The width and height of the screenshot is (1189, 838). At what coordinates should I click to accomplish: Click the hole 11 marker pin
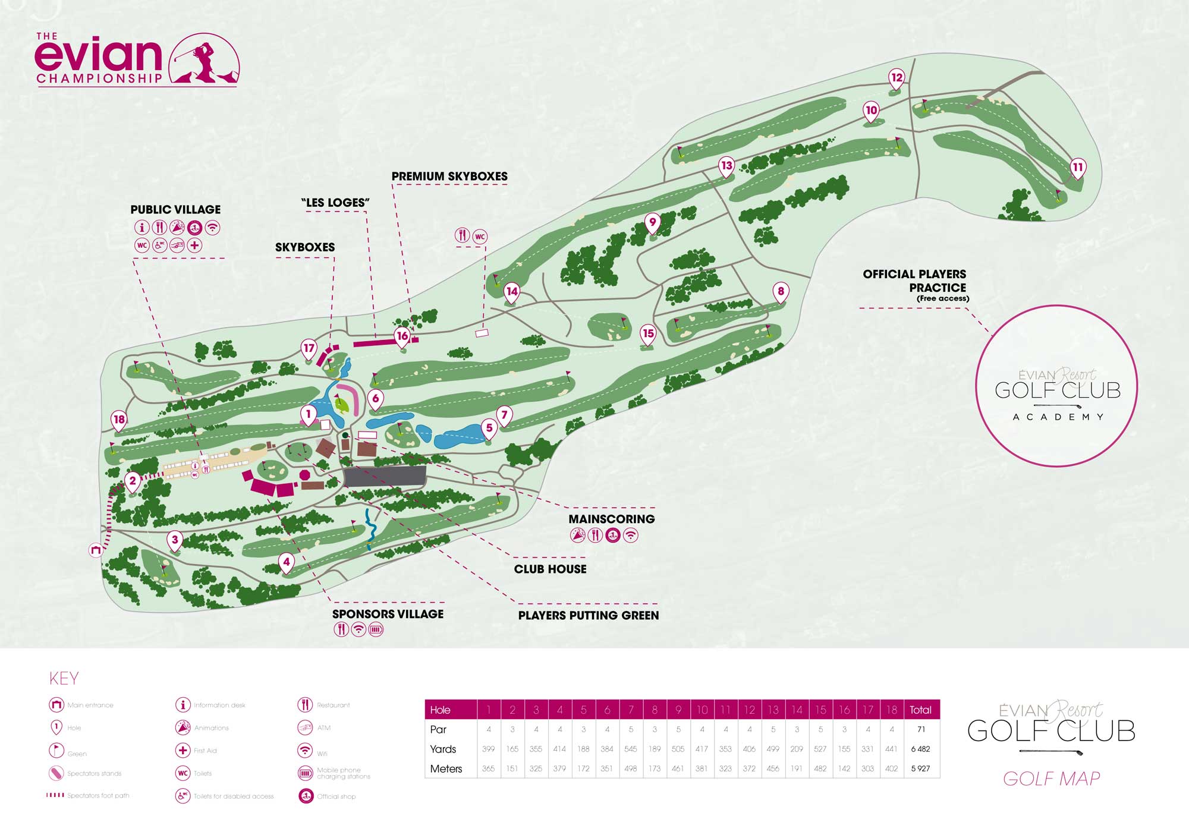[x=1078, y=168]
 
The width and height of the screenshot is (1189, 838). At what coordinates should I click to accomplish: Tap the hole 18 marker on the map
[x=119, y=420]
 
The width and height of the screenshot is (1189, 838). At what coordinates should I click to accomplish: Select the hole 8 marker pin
[x=781, y=292]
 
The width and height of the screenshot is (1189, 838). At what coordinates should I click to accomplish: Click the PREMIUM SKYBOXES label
[x=449, y=177]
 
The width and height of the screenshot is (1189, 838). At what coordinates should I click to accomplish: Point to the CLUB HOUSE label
[x=550, y=569]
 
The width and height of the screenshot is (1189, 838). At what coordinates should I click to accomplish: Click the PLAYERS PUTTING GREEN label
[x=588, y=616]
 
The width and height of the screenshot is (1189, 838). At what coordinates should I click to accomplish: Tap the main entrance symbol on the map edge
[x=96, y=550]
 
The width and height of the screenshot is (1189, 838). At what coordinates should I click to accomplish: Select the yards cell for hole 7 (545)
[x=630, y=749]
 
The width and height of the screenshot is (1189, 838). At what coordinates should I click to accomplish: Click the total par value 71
[x=921, y=729]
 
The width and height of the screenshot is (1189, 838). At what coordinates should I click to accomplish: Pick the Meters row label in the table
[x=446, y=769]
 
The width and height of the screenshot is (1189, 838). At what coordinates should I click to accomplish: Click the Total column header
[x=920, y=710]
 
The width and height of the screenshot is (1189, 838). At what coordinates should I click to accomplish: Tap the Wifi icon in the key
[x=305, y=750]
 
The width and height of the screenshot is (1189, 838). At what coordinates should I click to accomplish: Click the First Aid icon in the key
[x=183, y=750]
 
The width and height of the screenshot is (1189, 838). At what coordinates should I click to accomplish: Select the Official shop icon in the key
[x=306, y=796]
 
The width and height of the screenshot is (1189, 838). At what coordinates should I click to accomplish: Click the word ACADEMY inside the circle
[x=1058, y=417]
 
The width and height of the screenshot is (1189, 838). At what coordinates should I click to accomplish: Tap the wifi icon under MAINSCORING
[x=631, y=535]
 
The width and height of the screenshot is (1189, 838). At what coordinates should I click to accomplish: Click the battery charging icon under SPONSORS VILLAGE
[x=376, y=629]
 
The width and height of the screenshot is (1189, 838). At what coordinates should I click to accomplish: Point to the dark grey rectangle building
[x=385, y=477]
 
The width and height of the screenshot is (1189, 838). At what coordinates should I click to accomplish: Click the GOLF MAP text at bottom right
[x=1051, y=779]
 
